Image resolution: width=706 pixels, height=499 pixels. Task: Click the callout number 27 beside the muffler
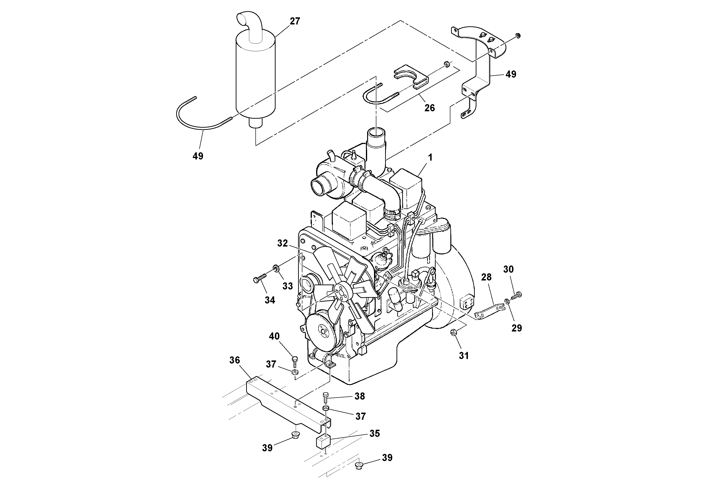(295, 21)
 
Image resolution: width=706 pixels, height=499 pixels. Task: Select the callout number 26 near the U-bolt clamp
(429, 108)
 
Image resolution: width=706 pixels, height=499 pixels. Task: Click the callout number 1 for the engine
(430, 158)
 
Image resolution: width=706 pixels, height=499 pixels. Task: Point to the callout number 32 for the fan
(282, 243)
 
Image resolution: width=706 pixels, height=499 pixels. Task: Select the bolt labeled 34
(260, 279)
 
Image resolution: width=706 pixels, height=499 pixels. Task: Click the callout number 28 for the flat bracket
(486, 277)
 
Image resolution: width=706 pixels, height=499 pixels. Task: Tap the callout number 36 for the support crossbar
(235, 360)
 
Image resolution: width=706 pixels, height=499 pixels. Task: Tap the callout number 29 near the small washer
(517, 328)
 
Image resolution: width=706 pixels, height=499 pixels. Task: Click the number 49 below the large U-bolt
(198, 156)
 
